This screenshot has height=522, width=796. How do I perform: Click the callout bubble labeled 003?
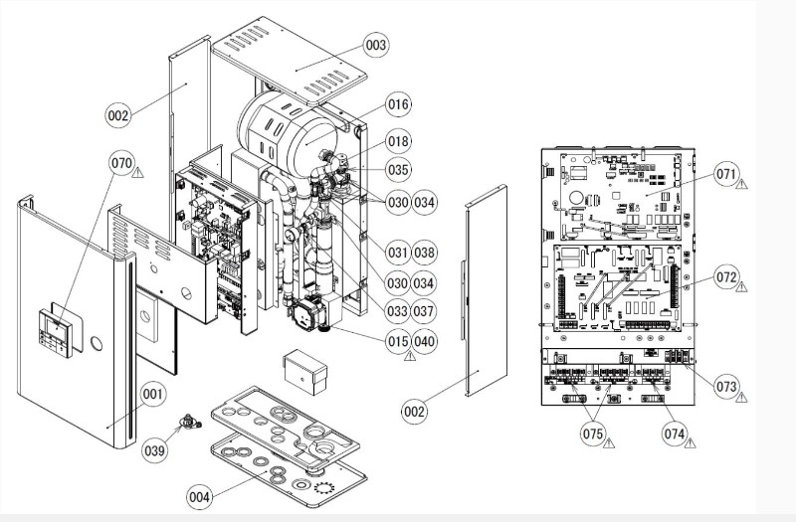click(347, 46)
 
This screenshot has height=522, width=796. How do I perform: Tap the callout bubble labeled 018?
click(398, 142)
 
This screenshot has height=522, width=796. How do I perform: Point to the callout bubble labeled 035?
click(398, 170)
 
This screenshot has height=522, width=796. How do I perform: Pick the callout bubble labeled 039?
click(154, 450)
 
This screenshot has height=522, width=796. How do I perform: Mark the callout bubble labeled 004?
click(200, 494)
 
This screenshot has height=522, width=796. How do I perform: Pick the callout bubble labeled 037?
click(426, 311)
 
